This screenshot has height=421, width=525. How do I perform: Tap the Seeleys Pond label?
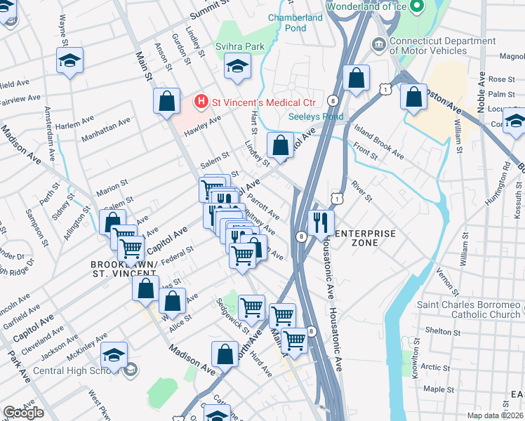click(316, 116)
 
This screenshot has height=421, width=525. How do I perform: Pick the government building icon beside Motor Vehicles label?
click(379, 45)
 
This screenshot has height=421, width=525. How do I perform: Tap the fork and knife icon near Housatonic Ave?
click(321, 223)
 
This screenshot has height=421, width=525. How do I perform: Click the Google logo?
click(23, 413)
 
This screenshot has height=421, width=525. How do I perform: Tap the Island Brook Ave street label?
click(378, 141)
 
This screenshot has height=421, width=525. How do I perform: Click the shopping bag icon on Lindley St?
click(280, 146)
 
